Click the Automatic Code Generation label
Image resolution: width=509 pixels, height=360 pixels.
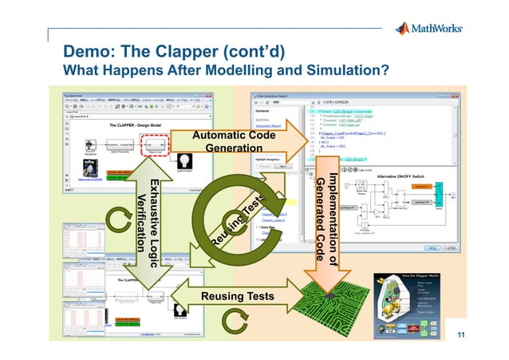click(234, 142)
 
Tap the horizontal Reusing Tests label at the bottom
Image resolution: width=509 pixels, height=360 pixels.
click(237, 297)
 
